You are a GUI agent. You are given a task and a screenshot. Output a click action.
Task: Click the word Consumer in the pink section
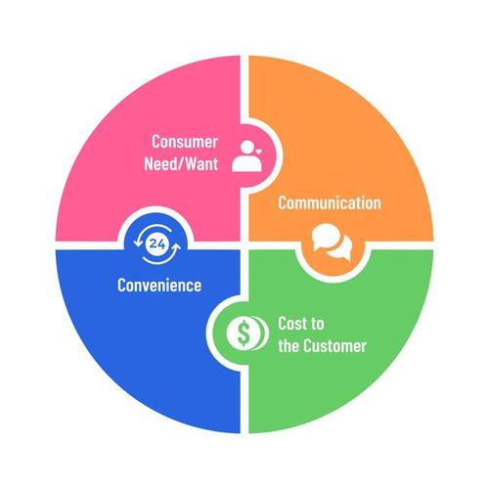coord(185,142)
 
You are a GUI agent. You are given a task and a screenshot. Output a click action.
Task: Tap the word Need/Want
coord(181,163)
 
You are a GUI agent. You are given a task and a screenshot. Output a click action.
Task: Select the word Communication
coord(330,202)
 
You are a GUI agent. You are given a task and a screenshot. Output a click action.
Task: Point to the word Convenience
coord(159,286)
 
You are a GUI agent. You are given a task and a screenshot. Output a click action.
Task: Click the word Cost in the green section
coord(292,324)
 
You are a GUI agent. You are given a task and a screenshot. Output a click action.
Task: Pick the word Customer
coord(334,346)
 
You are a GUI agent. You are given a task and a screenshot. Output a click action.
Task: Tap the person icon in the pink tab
coord(247,156)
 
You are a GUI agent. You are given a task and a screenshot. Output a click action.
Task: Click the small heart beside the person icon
coord(259,152)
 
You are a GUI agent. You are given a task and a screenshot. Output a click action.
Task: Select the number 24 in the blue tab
coord(157,244)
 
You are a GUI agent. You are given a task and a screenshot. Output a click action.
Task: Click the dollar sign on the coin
coord(243,333)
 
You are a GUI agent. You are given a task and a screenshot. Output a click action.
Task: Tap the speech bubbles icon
coord(332,242)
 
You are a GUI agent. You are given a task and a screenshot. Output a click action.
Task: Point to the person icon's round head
coord(247,147)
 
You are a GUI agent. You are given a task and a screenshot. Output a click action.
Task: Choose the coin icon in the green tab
coord(247,333)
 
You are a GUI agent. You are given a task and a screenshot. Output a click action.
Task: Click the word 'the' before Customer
coord(289,346)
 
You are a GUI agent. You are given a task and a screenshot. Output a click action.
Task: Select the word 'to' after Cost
coord(317,324)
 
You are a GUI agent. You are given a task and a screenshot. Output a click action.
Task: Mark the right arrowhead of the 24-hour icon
coord(176,246)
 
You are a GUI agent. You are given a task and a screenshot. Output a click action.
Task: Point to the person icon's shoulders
coord(247,164)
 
